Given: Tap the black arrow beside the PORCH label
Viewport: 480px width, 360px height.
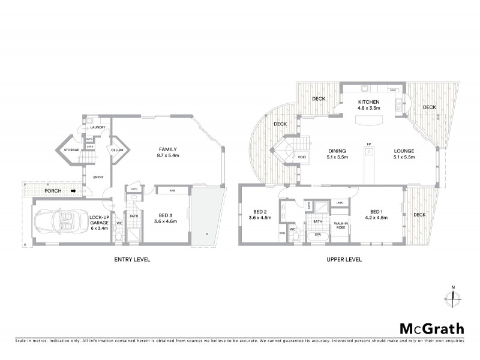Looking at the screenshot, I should tap(73, 192).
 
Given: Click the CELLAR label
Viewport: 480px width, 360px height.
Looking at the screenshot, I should tap(117, 151).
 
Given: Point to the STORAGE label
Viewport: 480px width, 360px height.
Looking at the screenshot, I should tap(73, 151).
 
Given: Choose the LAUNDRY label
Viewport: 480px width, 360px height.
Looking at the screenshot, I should tap(97, 127).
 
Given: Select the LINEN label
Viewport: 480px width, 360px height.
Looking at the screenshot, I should tap(340, 202).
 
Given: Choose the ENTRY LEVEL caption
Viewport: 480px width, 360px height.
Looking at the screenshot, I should tap(132, 259).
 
